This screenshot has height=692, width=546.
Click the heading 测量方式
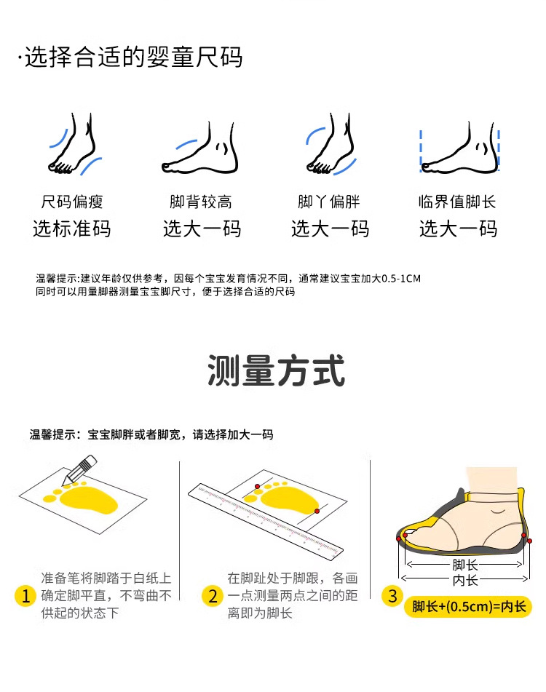click(x=276, y=370)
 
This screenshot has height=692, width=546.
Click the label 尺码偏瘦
click(x=72, y=202)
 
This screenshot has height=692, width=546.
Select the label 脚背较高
click(x=201, y=202)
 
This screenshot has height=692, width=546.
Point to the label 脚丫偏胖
click(x=329, y=202)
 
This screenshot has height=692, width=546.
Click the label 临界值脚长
click(x=457, y=202)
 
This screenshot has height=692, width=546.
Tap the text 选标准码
click(x=72, y=228)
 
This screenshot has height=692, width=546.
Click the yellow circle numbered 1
click(x=25, y=596)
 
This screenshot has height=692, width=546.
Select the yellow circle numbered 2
click(x=213, y=596)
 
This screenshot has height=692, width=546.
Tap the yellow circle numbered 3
click(x=392, y=596)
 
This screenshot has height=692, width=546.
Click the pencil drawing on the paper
click(x=80, y=470)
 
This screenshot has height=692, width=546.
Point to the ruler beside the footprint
click(x=266, y=521)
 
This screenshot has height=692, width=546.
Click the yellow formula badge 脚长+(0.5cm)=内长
click(x=468, y=607)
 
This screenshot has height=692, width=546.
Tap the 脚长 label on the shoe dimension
click(x=464, y=565)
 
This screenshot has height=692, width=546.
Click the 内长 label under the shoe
click(x=464, y=580)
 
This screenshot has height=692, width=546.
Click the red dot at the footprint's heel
click(x=317, y=511)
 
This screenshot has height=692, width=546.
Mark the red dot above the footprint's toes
click(x=257, y=486)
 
